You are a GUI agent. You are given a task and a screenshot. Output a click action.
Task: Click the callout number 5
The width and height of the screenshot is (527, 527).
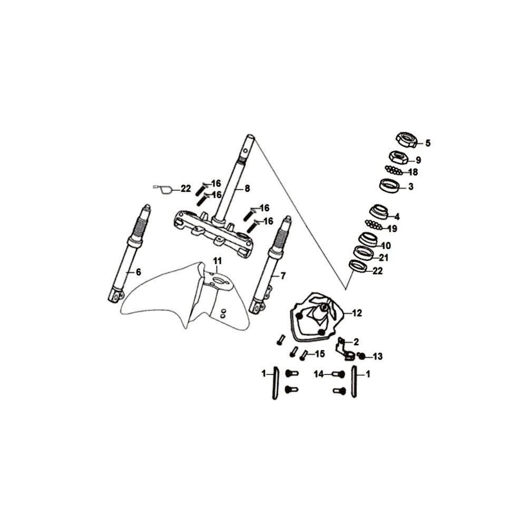[427, 143]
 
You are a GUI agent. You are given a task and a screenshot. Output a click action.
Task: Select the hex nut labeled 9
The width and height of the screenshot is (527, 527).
[398, 157]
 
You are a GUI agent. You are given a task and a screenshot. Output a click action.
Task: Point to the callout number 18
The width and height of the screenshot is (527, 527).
[413, 172]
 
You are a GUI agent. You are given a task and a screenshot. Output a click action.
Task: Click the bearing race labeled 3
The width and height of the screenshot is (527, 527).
[389, 186]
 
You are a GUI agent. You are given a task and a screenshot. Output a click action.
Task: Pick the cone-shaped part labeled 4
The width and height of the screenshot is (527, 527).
[378, 212]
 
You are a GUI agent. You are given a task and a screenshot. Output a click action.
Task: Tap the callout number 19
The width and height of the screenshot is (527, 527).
[392, 229]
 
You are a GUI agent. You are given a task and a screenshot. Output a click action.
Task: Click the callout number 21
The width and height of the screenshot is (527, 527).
[384, 258]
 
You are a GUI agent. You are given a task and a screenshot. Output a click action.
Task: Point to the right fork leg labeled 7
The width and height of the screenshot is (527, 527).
[271, 264]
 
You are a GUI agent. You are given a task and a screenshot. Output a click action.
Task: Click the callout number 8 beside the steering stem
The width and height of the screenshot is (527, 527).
[247, 189]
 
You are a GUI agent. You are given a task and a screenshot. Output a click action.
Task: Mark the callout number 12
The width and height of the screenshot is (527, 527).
[357, 313]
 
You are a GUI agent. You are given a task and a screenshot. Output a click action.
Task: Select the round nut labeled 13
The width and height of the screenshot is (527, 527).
[362, 356]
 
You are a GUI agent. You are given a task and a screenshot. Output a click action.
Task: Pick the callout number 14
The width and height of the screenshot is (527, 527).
[319, 374]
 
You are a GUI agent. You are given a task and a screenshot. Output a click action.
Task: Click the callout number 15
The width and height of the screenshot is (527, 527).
[320, 354]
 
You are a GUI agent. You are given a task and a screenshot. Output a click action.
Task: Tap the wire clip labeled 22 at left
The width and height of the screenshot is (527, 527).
[163, 190]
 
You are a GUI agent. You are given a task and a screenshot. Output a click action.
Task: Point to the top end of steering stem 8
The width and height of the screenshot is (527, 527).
[251, 136]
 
